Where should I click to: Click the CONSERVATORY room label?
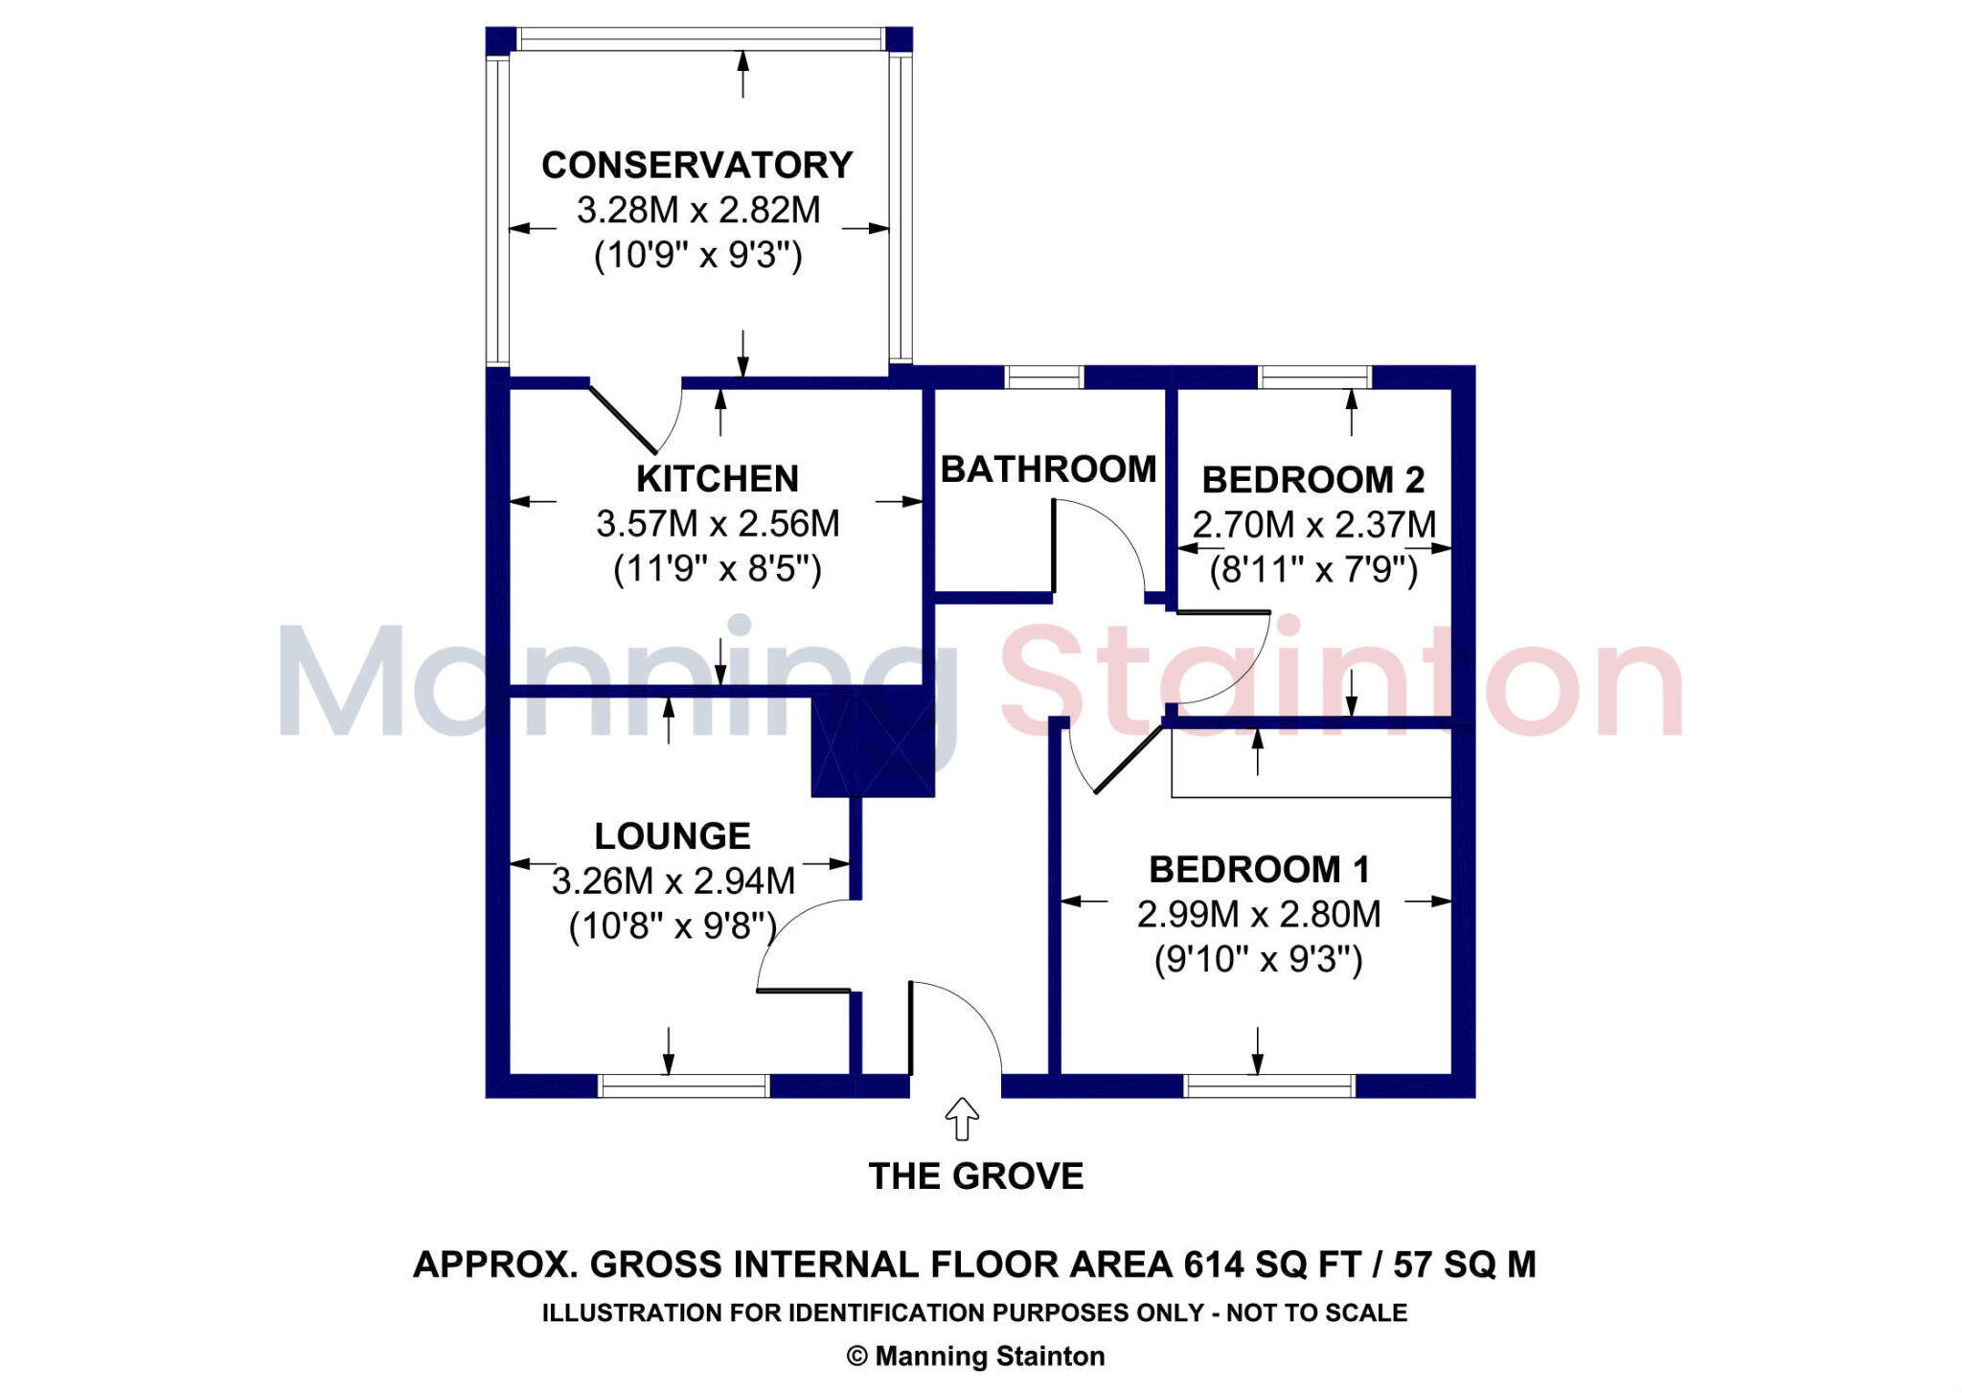click(x=696, y=165)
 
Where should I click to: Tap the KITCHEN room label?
click(x=717, y=478)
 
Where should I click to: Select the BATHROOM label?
click(x=1048, y=469)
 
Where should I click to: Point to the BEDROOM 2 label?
click(x=1312, y=479)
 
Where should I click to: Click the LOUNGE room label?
click(x=673, y=836)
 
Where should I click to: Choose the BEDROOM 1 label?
click(x=1259, y=870)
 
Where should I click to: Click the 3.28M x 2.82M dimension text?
click(x=698, y=210)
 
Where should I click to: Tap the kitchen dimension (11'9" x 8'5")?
click(x=718, y=569)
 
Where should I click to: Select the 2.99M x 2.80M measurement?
click(x=1259, y=915)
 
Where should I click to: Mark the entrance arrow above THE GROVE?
click(x=962, y=1118)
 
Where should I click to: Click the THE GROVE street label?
click(x=975, y=1176)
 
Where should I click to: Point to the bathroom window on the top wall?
click(x=1043, y=377)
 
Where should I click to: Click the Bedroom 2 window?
click(x=1313, y=377)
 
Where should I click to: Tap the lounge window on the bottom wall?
click(x=683, y=1085)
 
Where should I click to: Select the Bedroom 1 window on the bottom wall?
click(x=1269, y=1085)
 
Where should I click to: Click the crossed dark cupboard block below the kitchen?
click(x=872, y=745)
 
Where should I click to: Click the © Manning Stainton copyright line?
click(x=975, y=1357)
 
